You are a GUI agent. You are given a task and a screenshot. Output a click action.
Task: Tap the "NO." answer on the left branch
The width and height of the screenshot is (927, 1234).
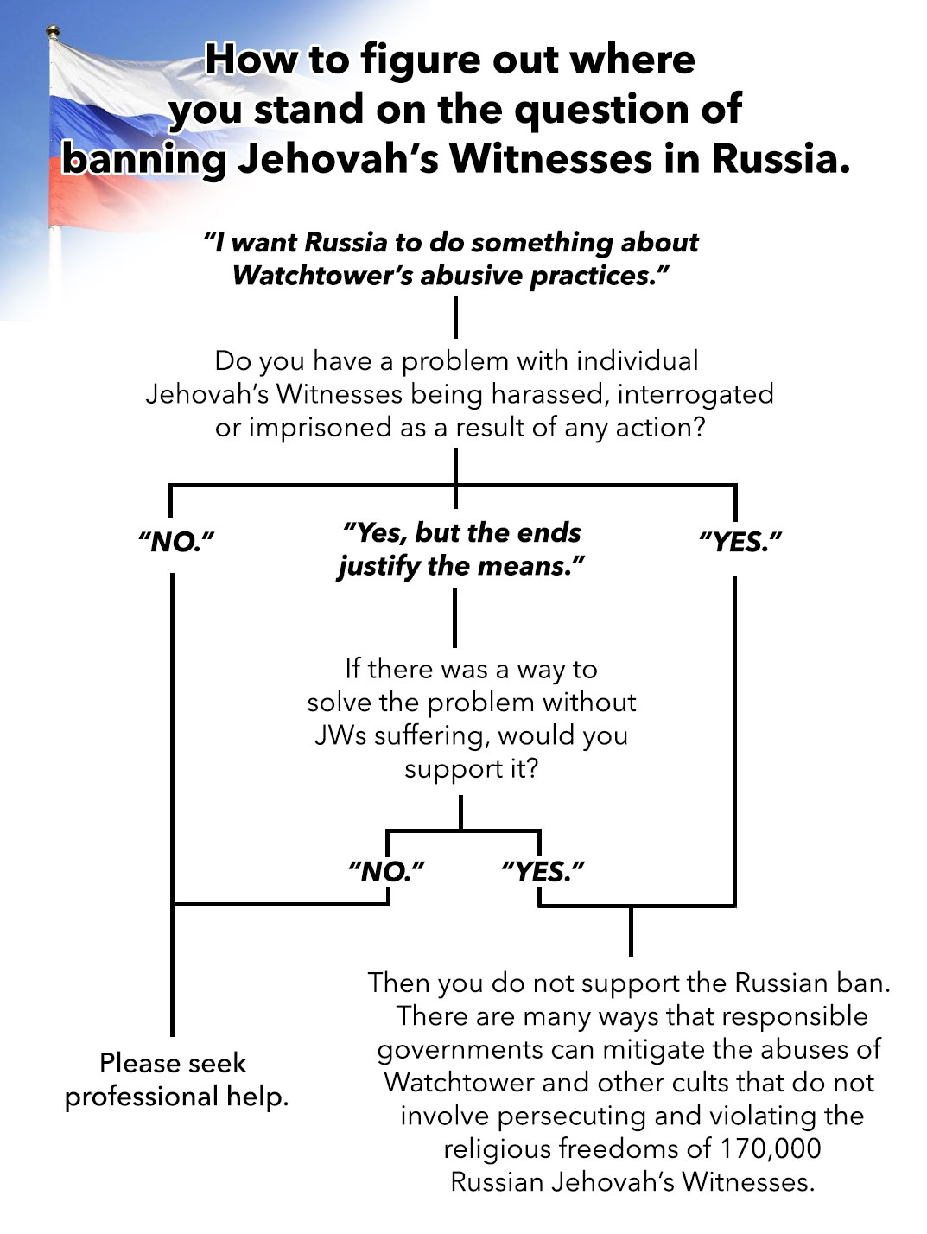(x=175, y=543)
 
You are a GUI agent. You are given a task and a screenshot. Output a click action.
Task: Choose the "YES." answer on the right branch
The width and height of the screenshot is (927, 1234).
(x=740, y=543)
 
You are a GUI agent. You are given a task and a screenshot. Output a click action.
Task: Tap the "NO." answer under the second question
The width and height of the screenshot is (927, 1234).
(x=386, y=870)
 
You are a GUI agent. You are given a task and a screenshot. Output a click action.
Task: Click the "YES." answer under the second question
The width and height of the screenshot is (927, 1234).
(x=542, y=870)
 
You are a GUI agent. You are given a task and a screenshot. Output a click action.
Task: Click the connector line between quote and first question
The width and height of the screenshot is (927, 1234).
(x=455, y=317)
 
